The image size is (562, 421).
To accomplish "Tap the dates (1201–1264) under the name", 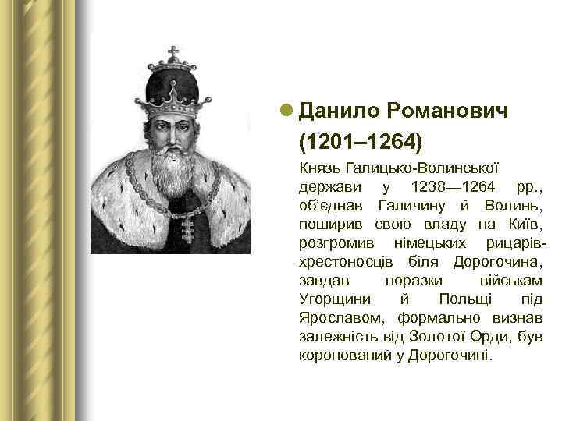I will pyautogui.click(x=361, y=142).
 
